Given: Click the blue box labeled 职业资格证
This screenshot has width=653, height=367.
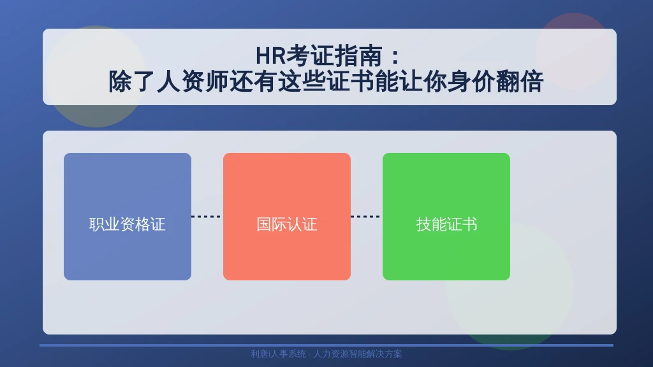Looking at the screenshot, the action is [x=128, y=217].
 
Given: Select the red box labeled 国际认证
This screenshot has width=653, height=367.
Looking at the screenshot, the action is [x=287, y=217].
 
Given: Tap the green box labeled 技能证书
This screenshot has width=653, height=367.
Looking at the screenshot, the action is [x=446, y=217].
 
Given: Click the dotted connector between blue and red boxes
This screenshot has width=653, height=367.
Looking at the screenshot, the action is [x=207, y=217].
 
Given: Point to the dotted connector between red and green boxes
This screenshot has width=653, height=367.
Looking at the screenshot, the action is [x=367, y=217].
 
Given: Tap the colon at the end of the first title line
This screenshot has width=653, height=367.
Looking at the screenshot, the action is [x=395, y=57].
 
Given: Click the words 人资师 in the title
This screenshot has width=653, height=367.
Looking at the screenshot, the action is [x=193, y=81].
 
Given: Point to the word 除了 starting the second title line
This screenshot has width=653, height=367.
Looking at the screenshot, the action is [x=133, y=81].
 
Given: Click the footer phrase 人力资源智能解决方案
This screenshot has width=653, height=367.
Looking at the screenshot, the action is [x=357, y=354].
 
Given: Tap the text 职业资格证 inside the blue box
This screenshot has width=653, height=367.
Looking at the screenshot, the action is [x=128, y=224].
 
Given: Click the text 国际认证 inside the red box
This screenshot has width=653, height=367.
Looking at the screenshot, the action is [x=287, y=224].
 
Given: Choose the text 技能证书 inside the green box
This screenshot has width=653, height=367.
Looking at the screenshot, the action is [x=446, y=224].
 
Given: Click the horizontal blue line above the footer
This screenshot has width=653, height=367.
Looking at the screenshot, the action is [x=326, y=345].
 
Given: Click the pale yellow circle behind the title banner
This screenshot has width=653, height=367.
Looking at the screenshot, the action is [x=96, y=76].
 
